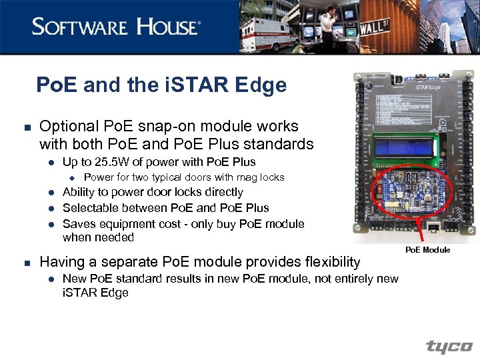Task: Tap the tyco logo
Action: click(x=449, y=347)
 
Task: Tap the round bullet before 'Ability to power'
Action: click(x=49, y=193)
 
